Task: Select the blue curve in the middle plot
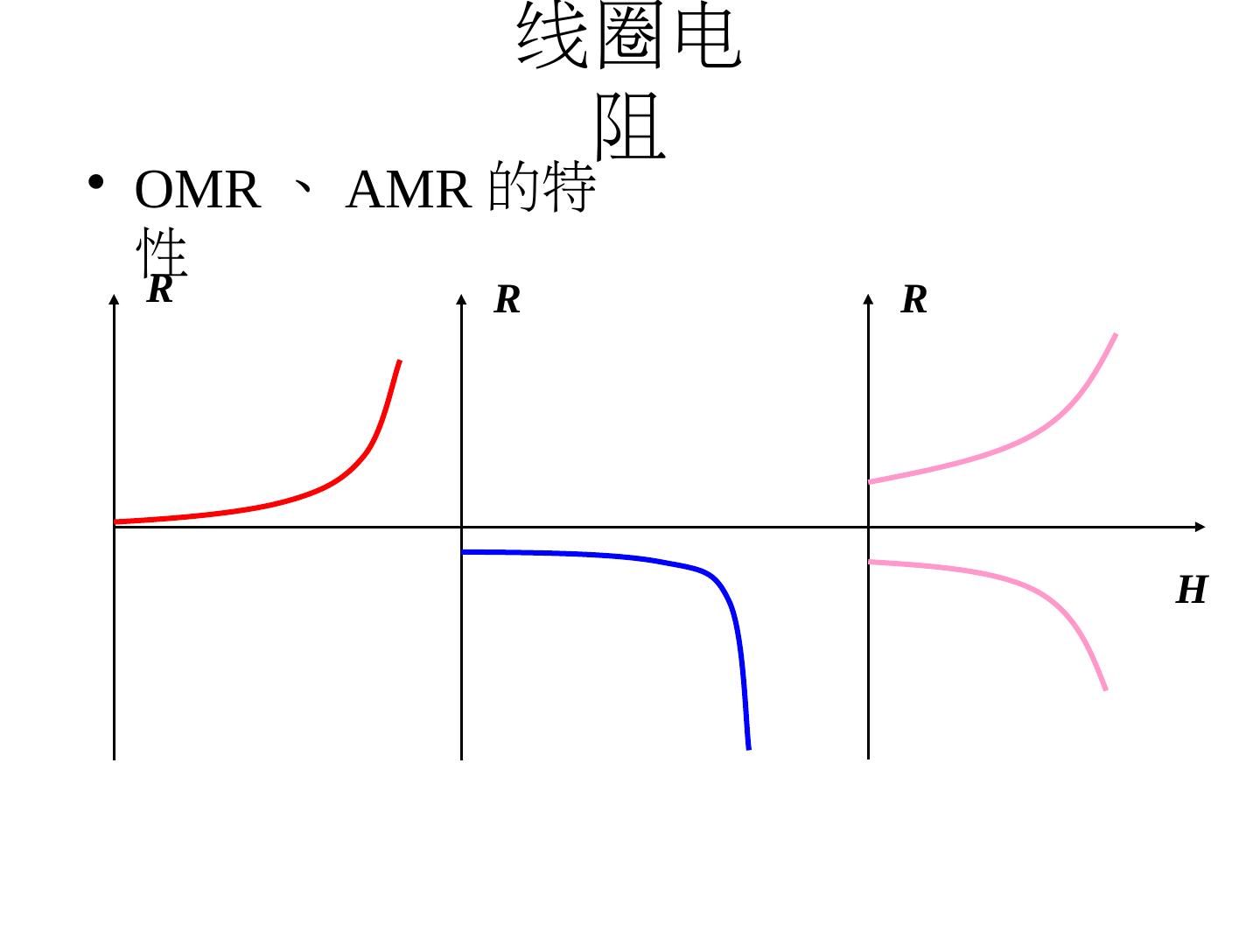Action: coord(612,556)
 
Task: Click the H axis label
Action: coord(1191,591)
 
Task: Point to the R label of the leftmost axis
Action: coord(159,290)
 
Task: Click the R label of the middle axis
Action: coord(507,300)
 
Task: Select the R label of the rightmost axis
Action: coord(914,300)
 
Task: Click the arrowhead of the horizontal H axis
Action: coord(1200,527)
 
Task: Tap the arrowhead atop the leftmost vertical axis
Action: coord(114,301)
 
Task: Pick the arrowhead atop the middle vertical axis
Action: coord(461,301)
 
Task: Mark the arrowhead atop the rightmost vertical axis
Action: coord(868,301)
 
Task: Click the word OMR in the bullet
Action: coord(198,190)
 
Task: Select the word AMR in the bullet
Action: coord(408,190)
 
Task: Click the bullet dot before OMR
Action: coord(96,183)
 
